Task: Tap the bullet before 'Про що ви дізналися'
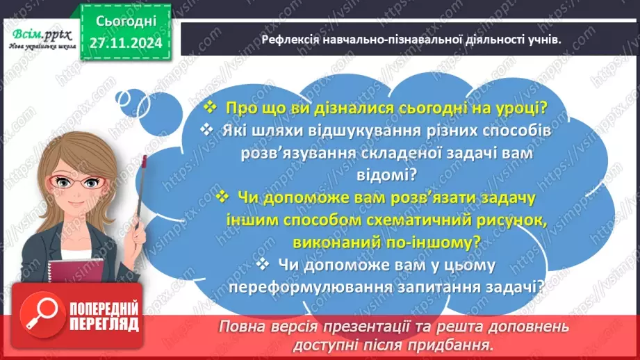click(211, 108)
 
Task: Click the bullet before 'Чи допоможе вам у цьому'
click(262, 264)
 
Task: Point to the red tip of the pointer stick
click(145, 161)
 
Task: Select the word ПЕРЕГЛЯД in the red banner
click(104, 324)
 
